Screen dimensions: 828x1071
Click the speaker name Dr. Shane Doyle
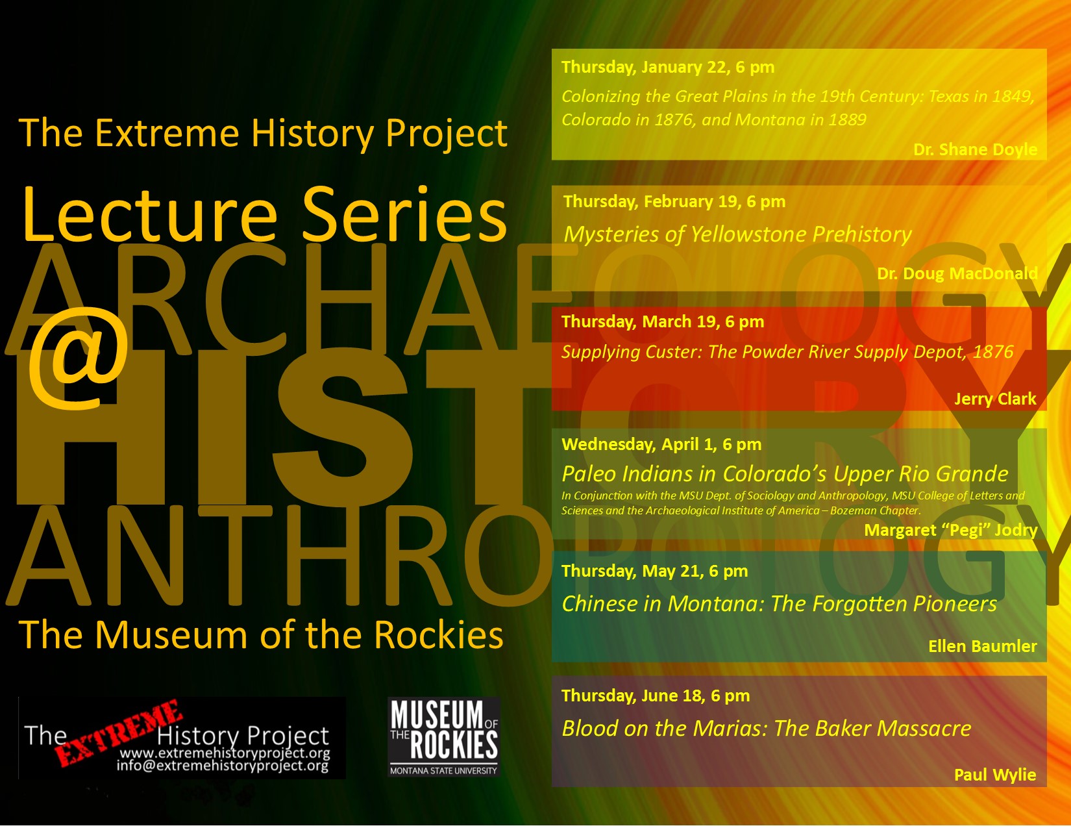pos(975,149)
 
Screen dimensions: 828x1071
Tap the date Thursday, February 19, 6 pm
pos(674,201)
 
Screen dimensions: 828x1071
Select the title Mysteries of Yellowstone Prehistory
pos(737,234)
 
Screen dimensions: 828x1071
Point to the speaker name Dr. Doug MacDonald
pos(957,273)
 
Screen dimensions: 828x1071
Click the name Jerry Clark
pos(995,399)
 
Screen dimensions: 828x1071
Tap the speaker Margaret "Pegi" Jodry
pos(950,530)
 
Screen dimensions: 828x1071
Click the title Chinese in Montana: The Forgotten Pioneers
pos(779,604)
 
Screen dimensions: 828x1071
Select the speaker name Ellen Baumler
pos(982,646)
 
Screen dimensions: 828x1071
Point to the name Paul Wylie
pos(994,775)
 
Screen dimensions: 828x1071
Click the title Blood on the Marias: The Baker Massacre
pos(767,729)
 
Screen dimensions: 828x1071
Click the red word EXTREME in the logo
pos(117,733)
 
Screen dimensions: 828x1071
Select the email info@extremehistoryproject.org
pos(223,766)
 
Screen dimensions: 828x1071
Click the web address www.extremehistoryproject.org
pos(225,753)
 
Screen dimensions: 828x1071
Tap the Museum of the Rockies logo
pos(444,737)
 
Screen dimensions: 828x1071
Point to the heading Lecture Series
pos(264,214)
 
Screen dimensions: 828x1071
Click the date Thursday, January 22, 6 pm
pos(668,67)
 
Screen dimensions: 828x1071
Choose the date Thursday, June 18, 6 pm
pos(656,696)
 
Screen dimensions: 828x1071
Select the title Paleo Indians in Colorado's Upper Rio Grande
pos(785,474)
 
